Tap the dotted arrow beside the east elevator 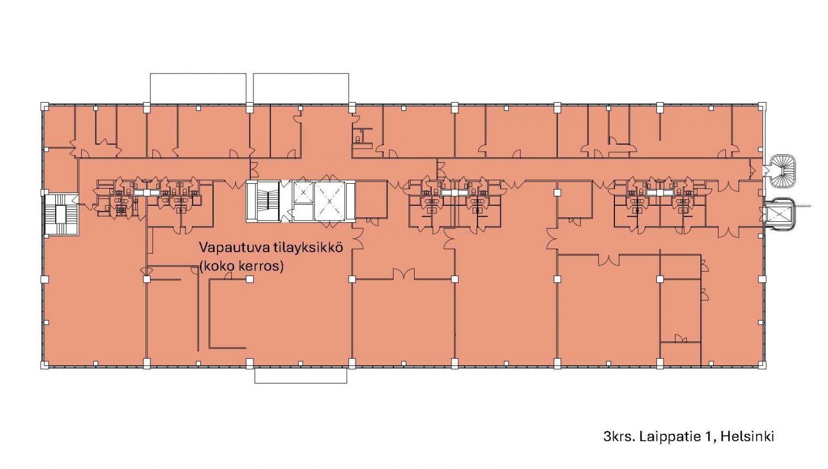tap(802, 206)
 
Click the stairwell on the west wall tap(61, 215)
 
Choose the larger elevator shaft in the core tap(330, 201)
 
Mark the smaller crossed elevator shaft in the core tap(303, 192)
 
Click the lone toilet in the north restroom tap(358, 139)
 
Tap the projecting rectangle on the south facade tap(300, 376)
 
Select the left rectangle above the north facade tap(198, 88)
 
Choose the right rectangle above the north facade tap(301, 88)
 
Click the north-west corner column tap(45, 106)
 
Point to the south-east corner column tap(762, 365)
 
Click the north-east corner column tap(762, 106)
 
